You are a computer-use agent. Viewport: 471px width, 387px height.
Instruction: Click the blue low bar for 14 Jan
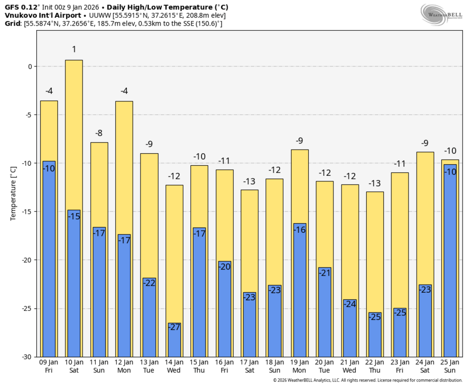click(x=174, y=340)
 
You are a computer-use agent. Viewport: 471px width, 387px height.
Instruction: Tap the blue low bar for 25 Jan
click(x=450, y=262)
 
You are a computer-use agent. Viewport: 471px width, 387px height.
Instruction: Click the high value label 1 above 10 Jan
click(x=74, y=49)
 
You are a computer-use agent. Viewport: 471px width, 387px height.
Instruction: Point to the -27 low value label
click(x=174, y=327)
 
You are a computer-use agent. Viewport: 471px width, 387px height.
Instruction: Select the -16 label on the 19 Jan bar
click(x=300, y=230)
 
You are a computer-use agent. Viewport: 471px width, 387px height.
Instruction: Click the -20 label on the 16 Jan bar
click(x=224, y=267)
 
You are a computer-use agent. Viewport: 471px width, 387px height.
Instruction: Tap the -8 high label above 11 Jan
click(x=99, y=133)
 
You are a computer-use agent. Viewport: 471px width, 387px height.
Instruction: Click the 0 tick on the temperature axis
click(x=30, y=67)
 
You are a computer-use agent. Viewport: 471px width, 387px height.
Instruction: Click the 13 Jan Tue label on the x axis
click(x=149, y=366)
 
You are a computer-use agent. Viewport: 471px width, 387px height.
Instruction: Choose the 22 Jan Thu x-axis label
click(x=375, y=366)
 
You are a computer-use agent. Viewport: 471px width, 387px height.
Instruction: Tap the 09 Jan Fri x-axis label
click(x=49, y=366)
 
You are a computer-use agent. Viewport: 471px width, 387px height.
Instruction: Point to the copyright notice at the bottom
click(x=367, y=380)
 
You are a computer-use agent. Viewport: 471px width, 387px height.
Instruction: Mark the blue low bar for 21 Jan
click(x=350, y=328)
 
